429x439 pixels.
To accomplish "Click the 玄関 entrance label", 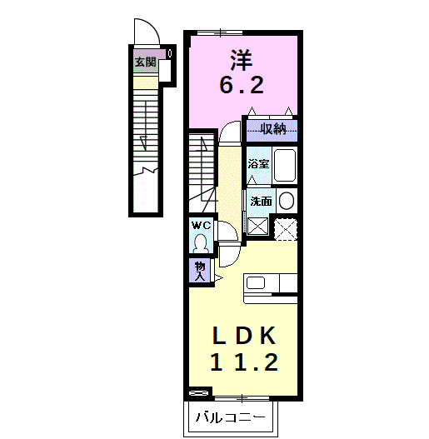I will point(145,62).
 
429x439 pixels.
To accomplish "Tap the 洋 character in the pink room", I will point(242,59).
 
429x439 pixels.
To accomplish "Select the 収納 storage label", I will point(272,128).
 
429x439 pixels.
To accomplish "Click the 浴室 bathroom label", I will point(258,164).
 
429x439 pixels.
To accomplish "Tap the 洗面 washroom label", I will point(260,202).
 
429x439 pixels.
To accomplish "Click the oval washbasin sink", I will point(286,202).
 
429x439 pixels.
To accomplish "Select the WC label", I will point(201,225).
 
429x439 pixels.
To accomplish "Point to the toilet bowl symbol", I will point(201,242).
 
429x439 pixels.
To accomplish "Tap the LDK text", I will point(242,336).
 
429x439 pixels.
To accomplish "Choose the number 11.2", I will point(242,362).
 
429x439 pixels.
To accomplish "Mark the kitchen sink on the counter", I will point(256,282).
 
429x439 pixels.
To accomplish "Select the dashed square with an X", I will point(287,227).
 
